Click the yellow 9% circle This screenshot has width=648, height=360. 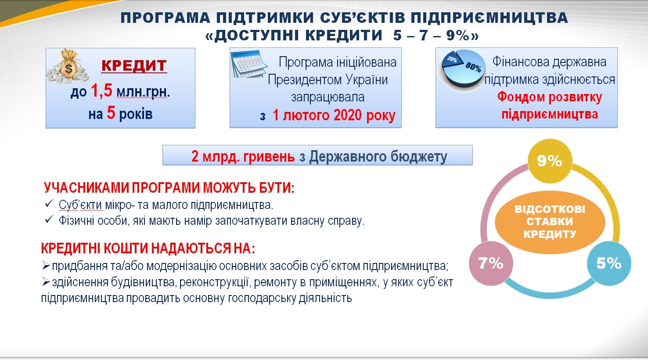550,161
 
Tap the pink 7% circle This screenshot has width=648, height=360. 491,263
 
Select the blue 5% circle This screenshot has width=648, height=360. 609,263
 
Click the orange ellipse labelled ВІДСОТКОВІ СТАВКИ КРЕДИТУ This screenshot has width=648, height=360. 550,222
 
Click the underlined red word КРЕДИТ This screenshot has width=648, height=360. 134,66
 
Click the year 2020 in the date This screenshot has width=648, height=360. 347,115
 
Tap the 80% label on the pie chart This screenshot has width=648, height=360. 473,68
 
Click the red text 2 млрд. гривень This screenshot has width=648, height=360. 243,157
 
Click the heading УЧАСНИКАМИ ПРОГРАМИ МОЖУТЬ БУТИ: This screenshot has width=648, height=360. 169,188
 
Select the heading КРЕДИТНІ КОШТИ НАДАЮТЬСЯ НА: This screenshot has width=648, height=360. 148,248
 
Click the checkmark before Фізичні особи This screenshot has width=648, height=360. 49,220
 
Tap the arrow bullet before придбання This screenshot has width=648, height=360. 46,265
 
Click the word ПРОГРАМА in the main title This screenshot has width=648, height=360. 165,18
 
